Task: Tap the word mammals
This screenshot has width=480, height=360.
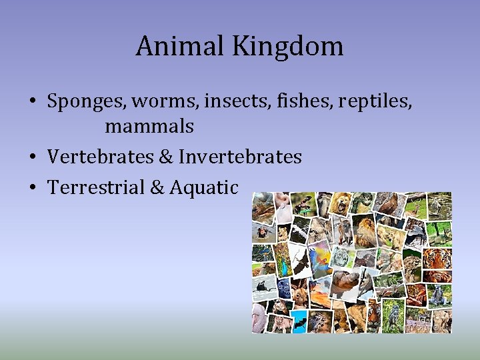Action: pyautogui.click(x=149, y=125)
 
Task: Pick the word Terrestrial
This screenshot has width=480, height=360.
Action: pyautogui.click(x=96, y=187)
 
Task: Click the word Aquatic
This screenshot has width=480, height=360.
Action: pyautogui.click(x=203, y=187)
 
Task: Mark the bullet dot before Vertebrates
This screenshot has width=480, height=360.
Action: pyautogui.click(x=32, y=157)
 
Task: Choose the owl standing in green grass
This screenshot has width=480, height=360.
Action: pyautogui.click(x=393, y=313)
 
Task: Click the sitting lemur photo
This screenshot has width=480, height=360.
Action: pyautogui.click(x=439, y=294)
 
